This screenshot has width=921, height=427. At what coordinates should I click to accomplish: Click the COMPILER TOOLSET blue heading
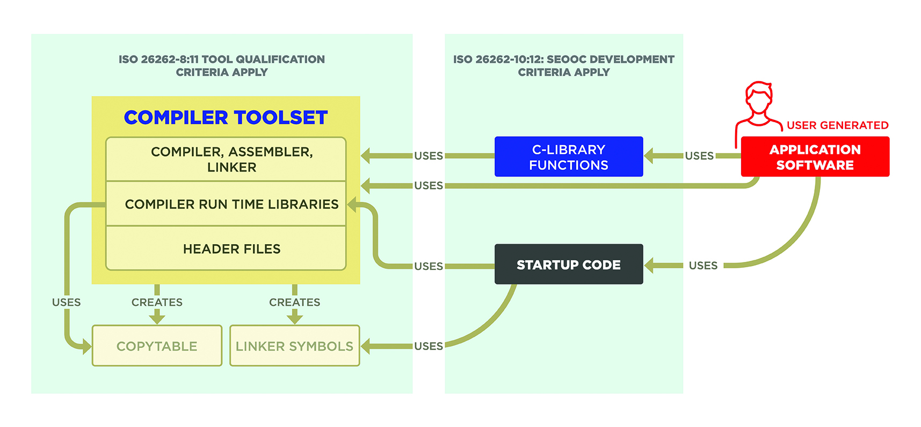coord(226,117)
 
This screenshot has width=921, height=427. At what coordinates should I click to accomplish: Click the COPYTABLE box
coord(157,346)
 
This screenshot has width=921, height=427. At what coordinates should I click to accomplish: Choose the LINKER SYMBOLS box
coord(294,346)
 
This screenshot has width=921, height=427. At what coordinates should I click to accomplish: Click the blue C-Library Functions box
coord(568,156)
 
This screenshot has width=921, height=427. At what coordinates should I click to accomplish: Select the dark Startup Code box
coord(568,265)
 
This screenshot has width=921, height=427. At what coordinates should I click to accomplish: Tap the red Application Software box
coord(815,156)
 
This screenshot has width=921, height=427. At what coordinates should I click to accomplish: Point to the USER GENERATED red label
coord(837,125)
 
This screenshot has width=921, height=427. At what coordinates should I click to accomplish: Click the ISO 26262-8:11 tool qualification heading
coord(222,66)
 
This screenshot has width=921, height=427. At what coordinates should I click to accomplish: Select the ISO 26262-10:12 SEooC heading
coord(563,66)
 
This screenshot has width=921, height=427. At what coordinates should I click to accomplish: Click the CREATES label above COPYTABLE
coord(157,302)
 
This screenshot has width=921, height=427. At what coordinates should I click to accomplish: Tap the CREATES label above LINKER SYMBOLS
coord(294,302)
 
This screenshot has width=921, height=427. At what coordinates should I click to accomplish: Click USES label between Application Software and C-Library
coord(699,156)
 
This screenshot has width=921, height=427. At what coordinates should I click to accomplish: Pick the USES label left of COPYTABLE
coord(66,302)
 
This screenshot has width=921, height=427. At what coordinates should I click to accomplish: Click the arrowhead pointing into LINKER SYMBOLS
coord(366,346)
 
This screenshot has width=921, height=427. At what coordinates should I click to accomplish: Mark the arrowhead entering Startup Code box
coord(649,265)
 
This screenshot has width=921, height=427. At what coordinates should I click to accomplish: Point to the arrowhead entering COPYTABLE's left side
coord(86,346)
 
